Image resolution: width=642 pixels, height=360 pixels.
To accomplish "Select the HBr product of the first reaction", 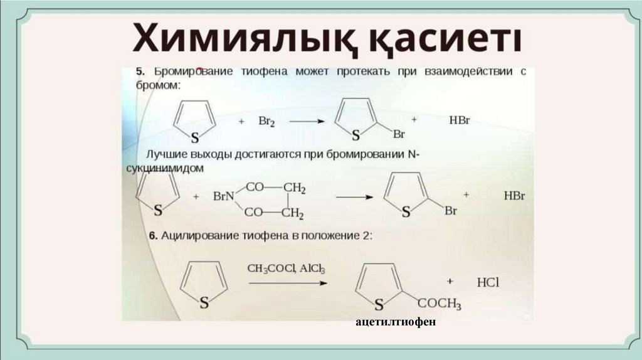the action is [459, 120].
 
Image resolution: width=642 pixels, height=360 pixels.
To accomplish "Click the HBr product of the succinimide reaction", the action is [514, 196].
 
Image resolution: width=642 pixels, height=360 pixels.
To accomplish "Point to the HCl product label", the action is [488, 282].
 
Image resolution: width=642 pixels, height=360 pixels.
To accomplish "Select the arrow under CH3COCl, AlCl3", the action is [288, 283].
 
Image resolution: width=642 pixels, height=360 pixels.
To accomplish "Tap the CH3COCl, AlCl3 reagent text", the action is [286, 268].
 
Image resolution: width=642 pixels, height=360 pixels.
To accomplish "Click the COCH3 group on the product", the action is [439, 305].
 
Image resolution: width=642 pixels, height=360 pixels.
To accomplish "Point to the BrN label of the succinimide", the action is [223, 196].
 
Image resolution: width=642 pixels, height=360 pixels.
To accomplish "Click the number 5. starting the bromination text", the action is [141, 72].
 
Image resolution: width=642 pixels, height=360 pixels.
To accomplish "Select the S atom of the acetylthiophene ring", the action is [378, 305].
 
